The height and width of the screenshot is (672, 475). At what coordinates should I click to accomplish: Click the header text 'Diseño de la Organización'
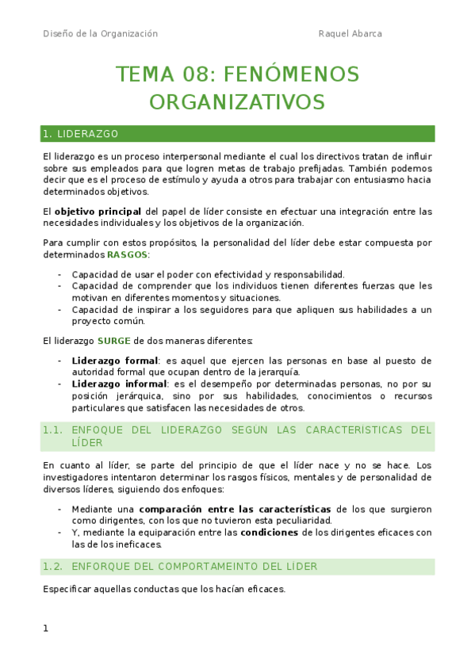tap(100, 33)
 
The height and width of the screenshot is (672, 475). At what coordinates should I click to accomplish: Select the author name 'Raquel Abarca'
tap(350, 33)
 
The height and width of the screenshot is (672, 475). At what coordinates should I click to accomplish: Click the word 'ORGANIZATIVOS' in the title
tap(237, 103)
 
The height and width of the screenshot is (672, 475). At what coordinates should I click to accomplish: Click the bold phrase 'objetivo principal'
tap(98, 212)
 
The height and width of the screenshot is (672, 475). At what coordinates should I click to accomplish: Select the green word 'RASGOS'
tap(127, 255)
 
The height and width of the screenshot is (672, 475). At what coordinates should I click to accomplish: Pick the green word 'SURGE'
tap(114, 342)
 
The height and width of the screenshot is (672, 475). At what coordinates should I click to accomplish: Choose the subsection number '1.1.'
tap(53, 430)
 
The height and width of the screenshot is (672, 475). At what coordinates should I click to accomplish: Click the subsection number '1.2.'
tap(53, 566)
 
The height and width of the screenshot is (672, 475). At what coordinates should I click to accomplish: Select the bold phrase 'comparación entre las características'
tap(236, 509)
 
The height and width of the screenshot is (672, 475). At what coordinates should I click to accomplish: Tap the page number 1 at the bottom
tap(46, 628)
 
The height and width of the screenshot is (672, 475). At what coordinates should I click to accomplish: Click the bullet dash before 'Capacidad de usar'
tap(60, 274)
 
